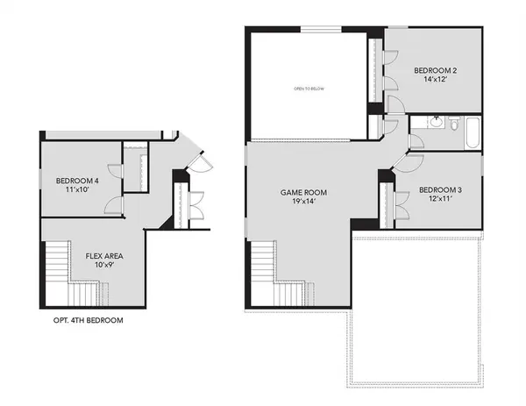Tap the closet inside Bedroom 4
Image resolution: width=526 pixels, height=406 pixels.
134,167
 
